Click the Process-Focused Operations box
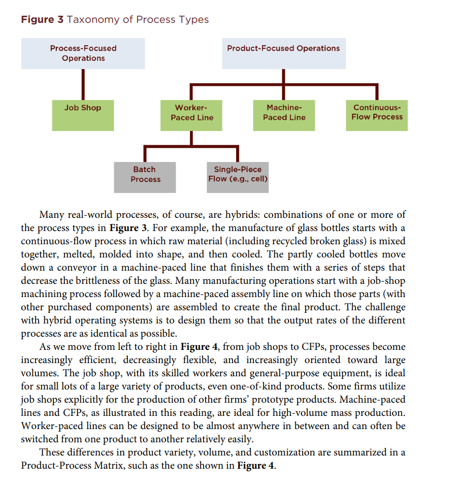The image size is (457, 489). (x=83, y=53)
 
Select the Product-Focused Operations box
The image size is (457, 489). (x=283, y=53)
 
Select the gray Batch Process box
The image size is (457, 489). (x=145, y=176)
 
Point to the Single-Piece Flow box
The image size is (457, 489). (x=238, y=176)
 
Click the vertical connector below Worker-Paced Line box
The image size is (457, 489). (x=191, y=138)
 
